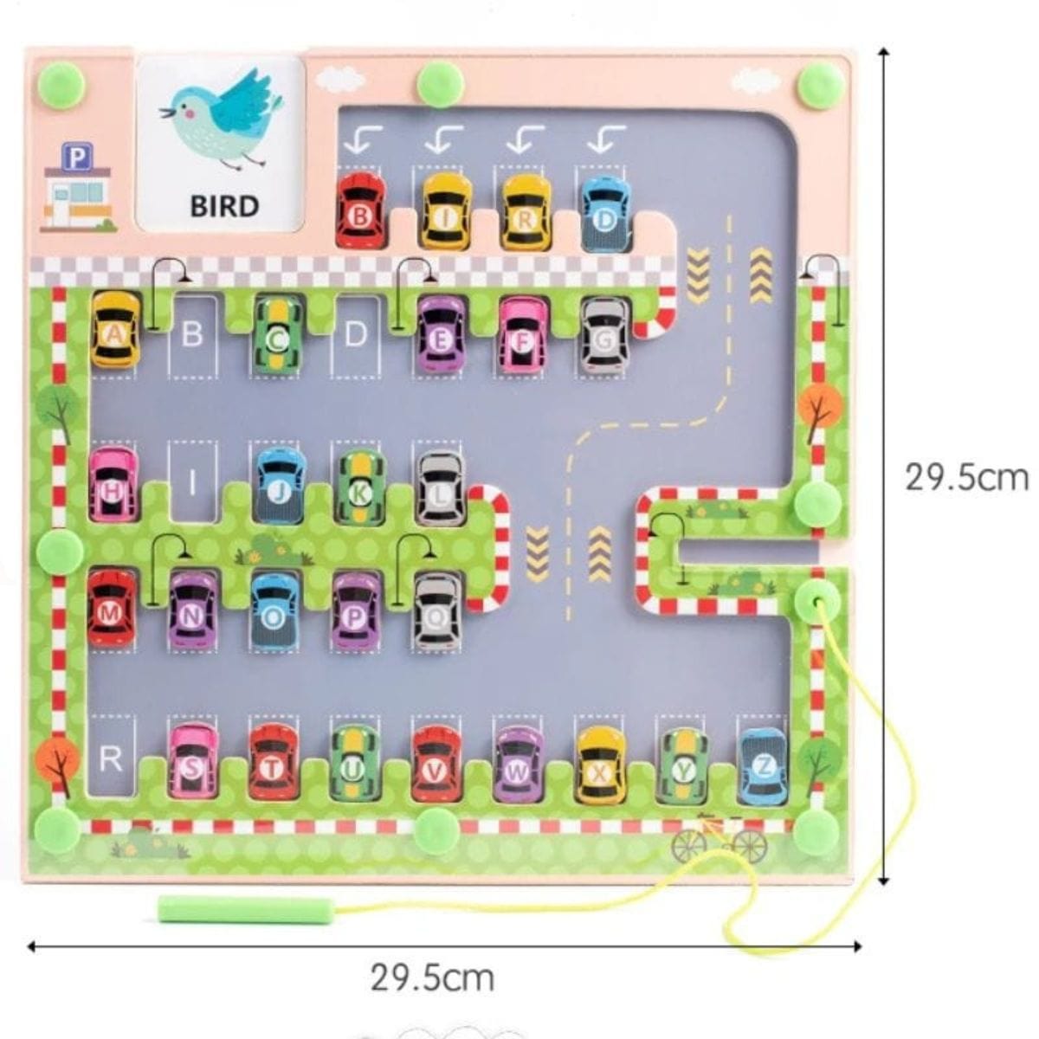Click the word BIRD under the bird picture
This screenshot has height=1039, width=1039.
224,206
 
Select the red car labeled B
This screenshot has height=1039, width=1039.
360,211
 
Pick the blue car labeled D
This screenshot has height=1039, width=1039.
605,214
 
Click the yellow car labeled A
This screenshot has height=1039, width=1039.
115,329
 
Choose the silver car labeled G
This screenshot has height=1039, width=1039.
605,334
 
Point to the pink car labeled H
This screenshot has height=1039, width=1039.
113,484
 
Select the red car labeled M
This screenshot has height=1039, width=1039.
112,608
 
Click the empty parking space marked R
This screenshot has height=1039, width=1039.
111,758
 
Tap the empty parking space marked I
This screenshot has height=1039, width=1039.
192,481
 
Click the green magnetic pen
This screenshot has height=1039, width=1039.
246,910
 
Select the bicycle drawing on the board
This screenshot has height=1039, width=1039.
718,838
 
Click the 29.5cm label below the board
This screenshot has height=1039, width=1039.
432,978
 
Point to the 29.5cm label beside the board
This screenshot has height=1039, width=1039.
966,477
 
